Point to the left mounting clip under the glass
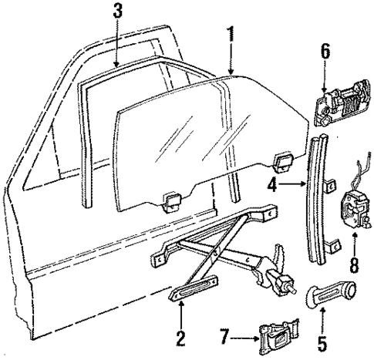coord(172,223)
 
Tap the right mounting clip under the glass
coord(281,161)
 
